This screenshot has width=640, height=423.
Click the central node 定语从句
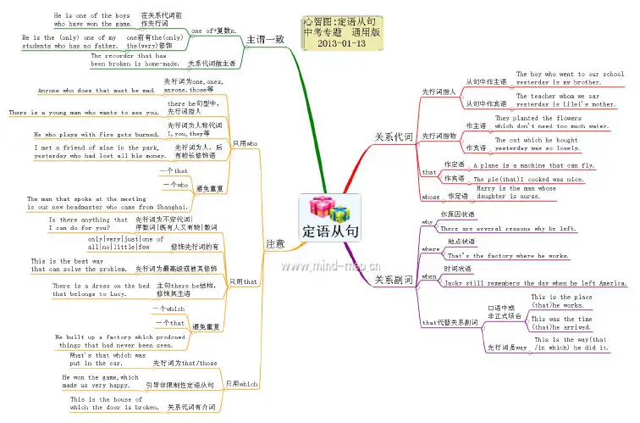330,230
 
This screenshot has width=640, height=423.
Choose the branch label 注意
275,243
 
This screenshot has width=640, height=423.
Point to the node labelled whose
431,196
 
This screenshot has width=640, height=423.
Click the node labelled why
428,222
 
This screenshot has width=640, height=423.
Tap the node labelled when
429,276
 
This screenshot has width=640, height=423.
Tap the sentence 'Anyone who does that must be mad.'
97,90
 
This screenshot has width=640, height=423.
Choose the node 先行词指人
439,91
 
